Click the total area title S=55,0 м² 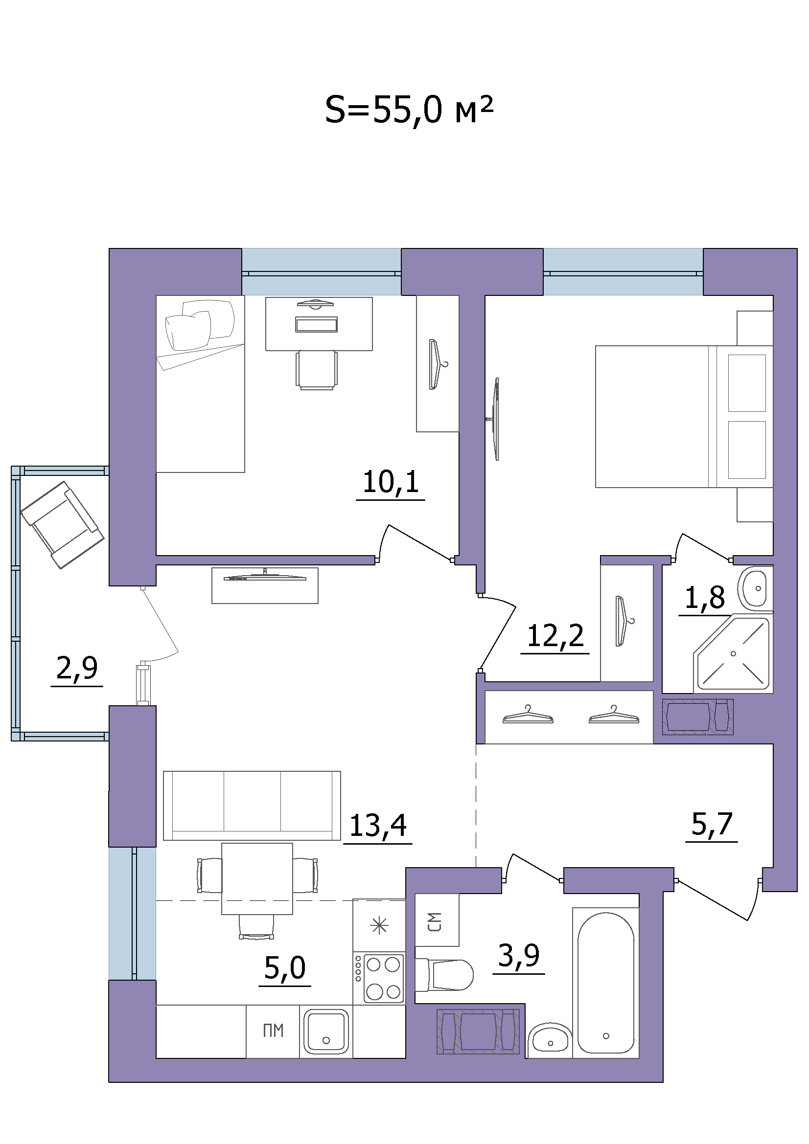[x=409, y=111]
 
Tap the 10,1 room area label [x=391, y=482]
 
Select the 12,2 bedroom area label [x=555, y=636]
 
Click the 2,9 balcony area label [x=77, y=668]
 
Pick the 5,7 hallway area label [x=712, y=824]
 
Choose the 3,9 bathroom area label [x=519, y=955]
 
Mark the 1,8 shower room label [x=705, y=597]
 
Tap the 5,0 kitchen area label [x=285, y=967]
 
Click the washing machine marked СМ [x=437, y=921]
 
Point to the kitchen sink [x=326, y=1032]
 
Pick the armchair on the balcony [x=62, y=525]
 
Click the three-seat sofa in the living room [x=252, y=805]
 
